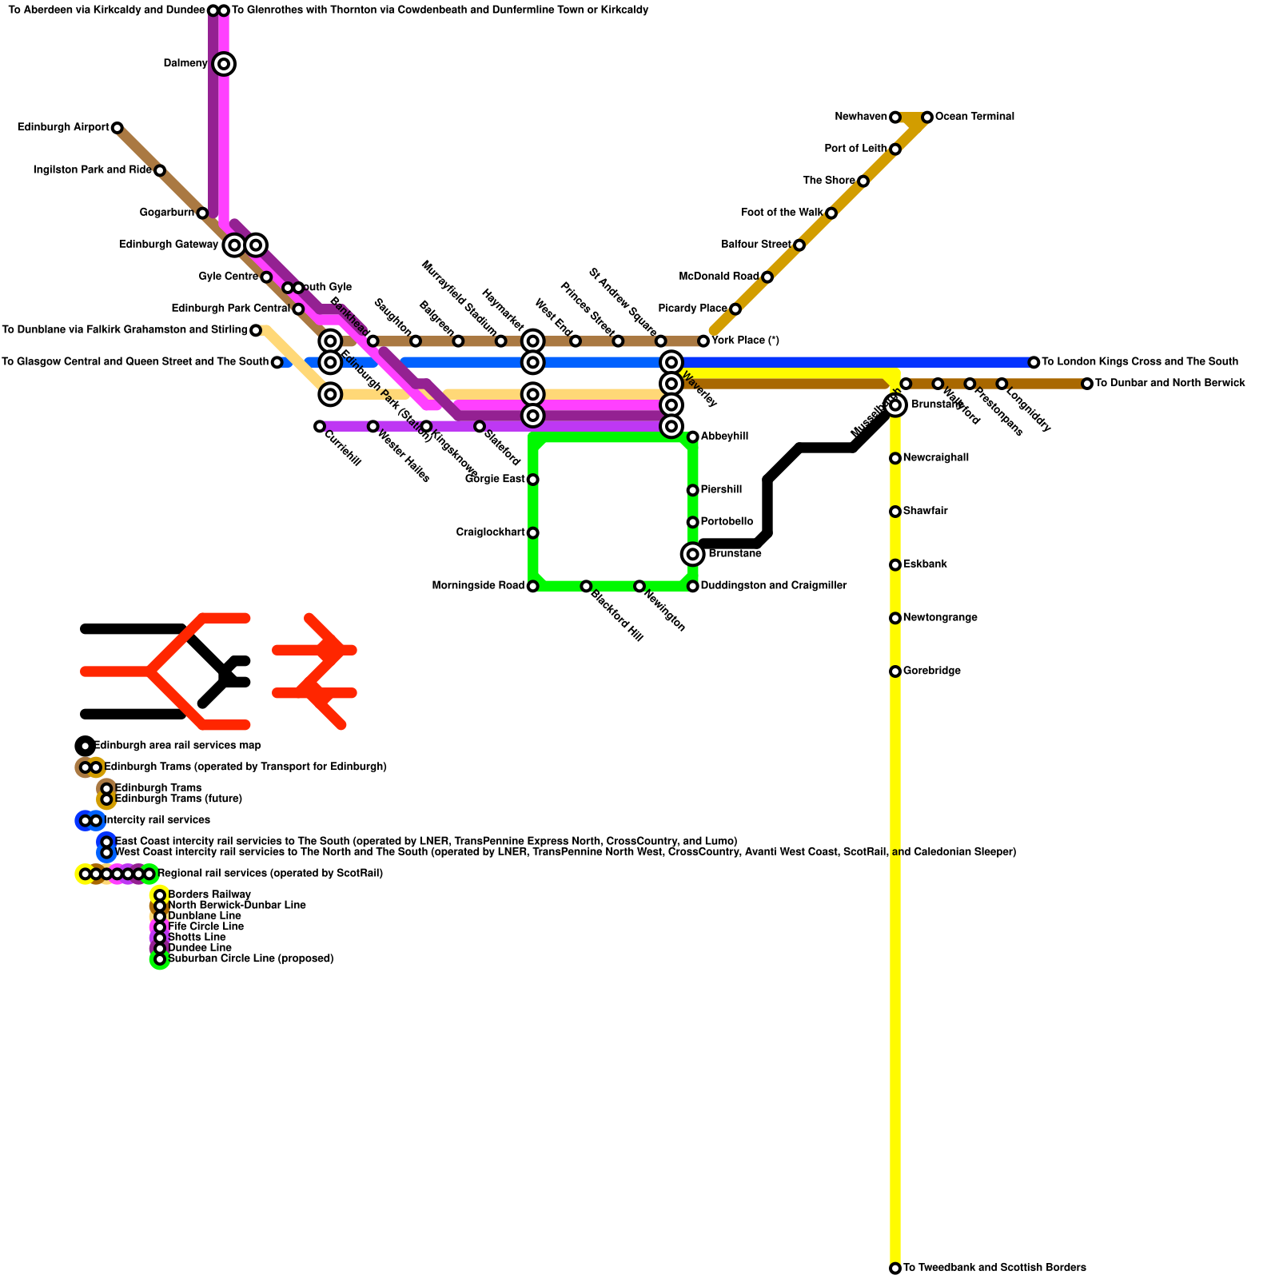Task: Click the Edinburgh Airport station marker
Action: click(118, 128)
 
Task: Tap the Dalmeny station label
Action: click(185, 64)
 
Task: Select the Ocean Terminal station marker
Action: click(927, 118)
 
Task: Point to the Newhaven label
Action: click(860, 118)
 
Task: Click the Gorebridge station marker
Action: click(895, 671)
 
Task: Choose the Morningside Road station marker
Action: click(533, 587)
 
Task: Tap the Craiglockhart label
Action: click(490, 532)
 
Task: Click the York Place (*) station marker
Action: click(703, 341)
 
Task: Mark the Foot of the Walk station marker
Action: click(831, 213)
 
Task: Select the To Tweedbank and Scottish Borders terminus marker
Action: click(895, 1269)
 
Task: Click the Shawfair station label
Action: click(925, 512)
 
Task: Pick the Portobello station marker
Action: click(693, 523)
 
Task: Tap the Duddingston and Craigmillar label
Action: click(773, 586)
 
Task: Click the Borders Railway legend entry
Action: click(209, 895)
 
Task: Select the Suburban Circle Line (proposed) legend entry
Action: click(250, 958)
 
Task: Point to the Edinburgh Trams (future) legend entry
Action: click(178, 799)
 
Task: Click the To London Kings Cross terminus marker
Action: click(1034, 363)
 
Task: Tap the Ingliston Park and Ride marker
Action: click(160, 171)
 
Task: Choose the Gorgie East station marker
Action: click(533, 480)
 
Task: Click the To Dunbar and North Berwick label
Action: click(1169, 384)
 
